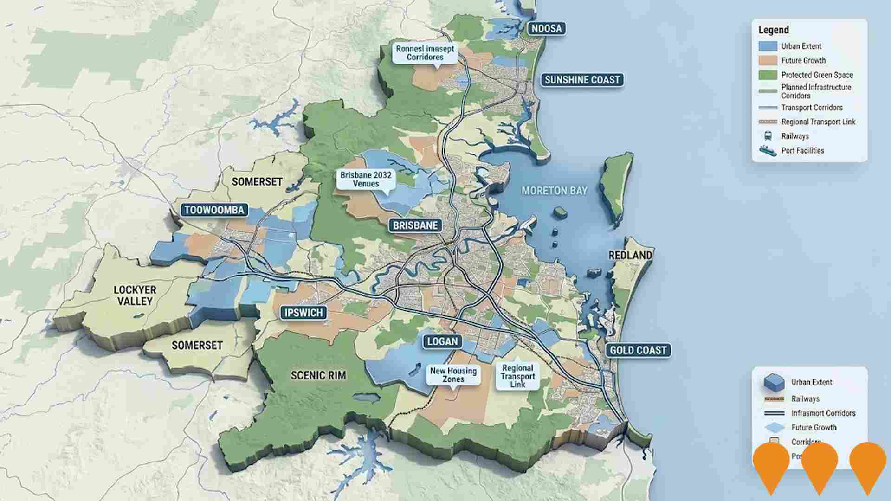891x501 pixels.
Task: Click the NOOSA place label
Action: (546, 29)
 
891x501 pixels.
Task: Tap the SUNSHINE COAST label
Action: (582, 80)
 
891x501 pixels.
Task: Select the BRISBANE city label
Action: (415, 225)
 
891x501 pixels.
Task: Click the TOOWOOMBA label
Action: (214, 210)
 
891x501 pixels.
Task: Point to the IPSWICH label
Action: (303, 313)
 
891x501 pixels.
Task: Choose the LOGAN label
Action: (442, 342)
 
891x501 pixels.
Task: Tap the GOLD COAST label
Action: (638, 350)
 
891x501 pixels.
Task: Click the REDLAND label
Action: (630, 255)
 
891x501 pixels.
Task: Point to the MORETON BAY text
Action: (554, 191)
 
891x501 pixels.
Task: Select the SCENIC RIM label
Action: (318, 375)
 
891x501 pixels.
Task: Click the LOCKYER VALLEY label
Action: (135, 295)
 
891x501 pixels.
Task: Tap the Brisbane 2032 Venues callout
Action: (366, 180)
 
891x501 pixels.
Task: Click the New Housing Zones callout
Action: (453, 375)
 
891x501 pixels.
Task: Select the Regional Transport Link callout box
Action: (517, 376)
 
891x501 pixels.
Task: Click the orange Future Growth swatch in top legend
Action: (768, 60)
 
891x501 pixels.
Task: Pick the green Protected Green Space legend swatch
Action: (768, 75)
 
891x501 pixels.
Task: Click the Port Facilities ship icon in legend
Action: (768, 151)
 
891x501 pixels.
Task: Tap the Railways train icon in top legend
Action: (768, 136)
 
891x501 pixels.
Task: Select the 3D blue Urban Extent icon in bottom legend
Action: (774, 382)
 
